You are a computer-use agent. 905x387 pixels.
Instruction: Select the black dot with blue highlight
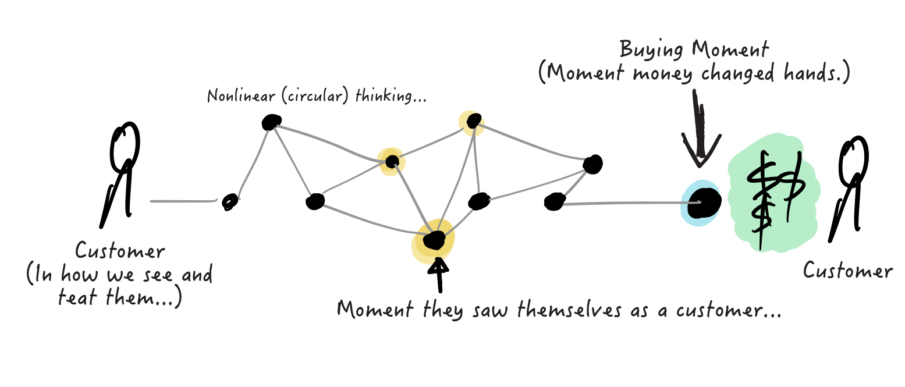click(701, 203)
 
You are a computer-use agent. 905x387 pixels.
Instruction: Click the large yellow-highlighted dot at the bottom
click(434, 240)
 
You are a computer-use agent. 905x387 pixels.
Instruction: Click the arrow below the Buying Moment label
click(701, 131)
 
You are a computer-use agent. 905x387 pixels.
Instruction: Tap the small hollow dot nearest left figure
click(230, 202)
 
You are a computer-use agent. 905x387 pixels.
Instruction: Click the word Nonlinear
click(233, 95)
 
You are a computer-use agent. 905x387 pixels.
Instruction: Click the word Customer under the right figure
click(848, 271)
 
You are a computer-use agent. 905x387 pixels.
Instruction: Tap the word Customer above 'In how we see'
click(120, 252)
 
